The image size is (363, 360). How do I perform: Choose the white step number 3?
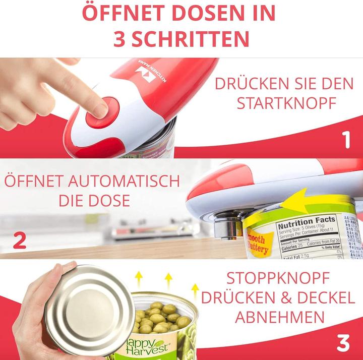[343, 343]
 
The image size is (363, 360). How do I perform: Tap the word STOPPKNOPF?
[278, 278]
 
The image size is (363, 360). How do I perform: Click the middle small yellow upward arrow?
[168, 280]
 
